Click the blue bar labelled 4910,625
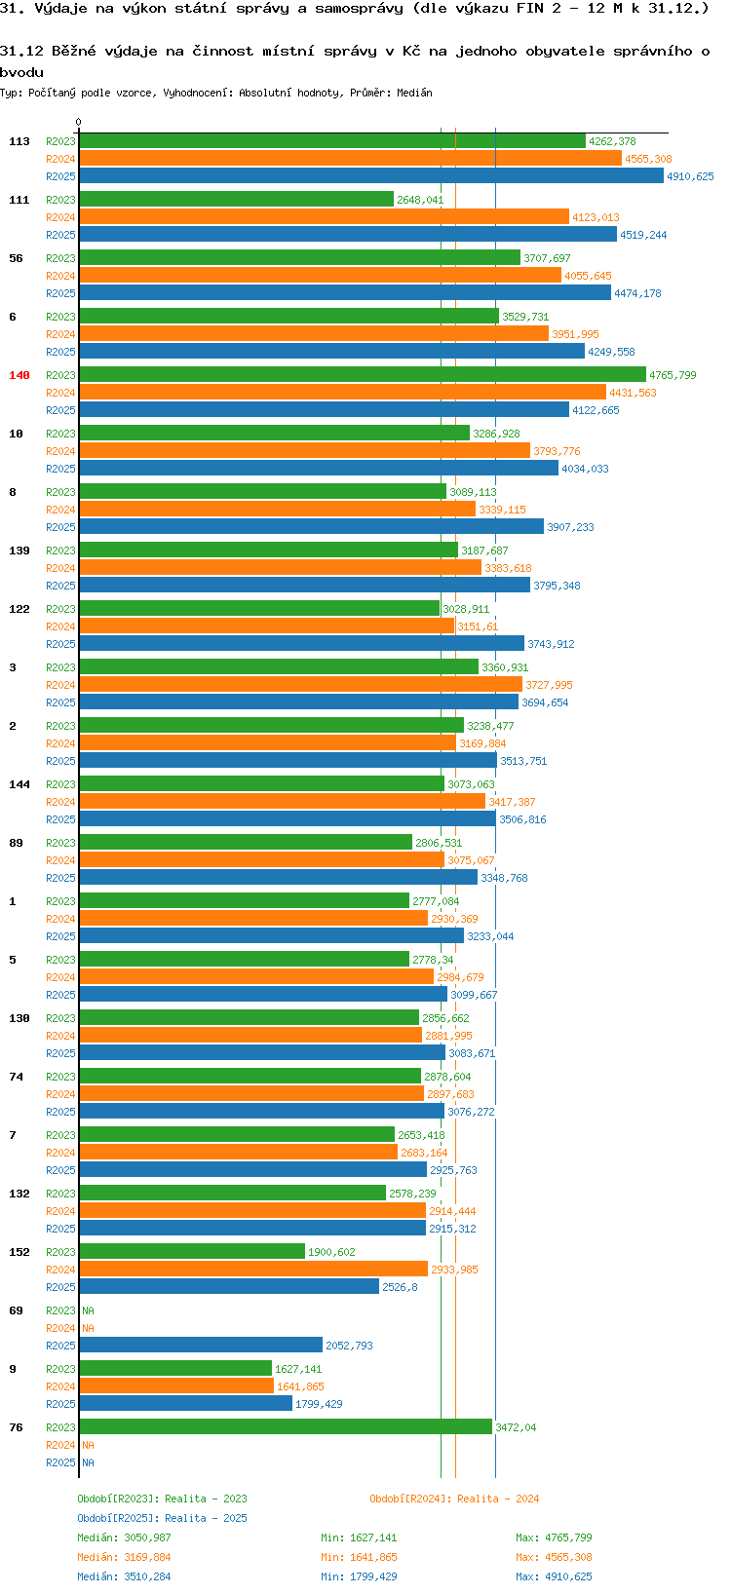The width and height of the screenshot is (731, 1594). [x=371, y=175]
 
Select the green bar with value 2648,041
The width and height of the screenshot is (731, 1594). [x=236, y=199]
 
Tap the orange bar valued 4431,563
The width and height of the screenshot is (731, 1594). [x=343, y=392]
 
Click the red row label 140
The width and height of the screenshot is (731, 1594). [x=19, y=375]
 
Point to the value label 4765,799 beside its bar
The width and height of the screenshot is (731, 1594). [x=673, y=375]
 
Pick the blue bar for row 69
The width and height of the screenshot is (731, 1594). [x=201, y=1345]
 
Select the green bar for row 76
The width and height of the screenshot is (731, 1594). [x=287, y=1426]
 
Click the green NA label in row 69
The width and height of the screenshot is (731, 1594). [x=89, y=1310]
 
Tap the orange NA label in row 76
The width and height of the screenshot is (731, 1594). [x=89, y=1445]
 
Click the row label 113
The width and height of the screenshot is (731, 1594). [x=19, y=141]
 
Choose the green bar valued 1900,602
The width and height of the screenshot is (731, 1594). [x=192, y=1251]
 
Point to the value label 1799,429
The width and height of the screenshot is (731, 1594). [x=319, y=1404]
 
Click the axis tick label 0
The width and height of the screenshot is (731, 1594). [x=78, y=122]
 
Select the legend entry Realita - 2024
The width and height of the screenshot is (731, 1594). [x=454, y=1499]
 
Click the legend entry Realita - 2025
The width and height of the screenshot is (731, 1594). [x=163, y=1518]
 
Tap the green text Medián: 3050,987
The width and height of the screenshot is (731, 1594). [x=124, y=1537]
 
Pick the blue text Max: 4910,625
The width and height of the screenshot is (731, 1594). [x=554, y=1576]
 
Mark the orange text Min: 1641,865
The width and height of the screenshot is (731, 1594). [x=359, y=1557]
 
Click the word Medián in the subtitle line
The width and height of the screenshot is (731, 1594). [x=413, y=93]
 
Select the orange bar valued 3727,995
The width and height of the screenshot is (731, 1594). [x=301, y=685]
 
